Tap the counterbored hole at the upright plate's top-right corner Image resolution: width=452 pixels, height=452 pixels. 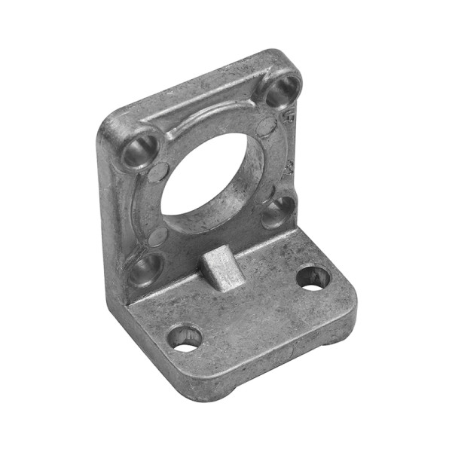282,90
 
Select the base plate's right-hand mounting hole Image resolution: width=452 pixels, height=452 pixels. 313,277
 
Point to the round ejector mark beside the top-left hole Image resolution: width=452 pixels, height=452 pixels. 157,172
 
